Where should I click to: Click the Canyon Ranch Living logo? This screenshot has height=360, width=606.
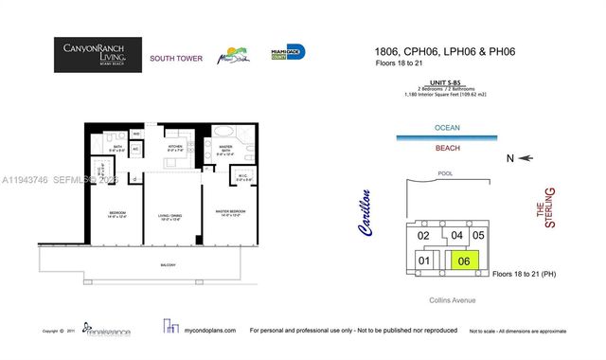[x=98, y=55]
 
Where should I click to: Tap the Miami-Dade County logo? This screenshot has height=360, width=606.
[x=288, y=54]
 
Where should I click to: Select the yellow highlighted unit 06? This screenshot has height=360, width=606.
[x=463, y=261]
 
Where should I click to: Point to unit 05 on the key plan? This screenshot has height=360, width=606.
[x=478, y=235]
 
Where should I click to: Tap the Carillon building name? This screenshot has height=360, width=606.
[x=366, y=213]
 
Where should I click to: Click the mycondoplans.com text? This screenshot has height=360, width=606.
[x=207, y=331]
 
